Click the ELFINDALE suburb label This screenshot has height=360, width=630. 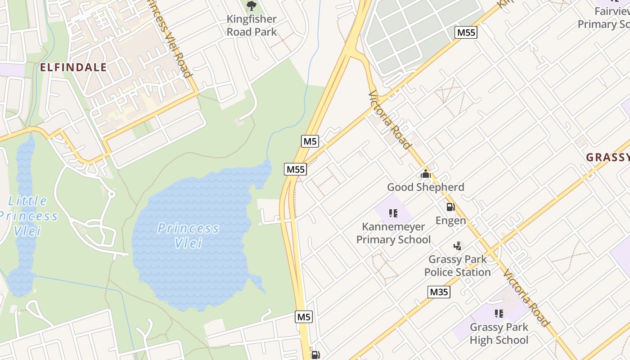point(73,67)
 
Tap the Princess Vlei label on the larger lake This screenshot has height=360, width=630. point(189,235)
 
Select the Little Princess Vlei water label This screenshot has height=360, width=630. point(28,216)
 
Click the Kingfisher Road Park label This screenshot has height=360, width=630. point(252,26)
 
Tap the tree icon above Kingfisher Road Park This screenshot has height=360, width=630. point(252,6)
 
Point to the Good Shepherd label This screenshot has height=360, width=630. point(425,187)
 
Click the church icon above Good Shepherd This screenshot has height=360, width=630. point(425,173)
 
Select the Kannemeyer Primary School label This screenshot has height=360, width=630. point(393,233)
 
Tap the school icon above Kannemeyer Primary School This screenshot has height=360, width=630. point(393,213)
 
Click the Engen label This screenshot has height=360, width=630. point(450,220)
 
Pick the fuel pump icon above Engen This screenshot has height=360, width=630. point(450,207)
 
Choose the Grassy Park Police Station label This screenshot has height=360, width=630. point(457,265)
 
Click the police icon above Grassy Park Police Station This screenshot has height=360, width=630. point(458,246)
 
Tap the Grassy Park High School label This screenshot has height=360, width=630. point(499,333)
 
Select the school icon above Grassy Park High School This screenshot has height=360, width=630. point(499,313)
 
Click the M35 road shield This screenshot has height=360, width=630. point(439,292)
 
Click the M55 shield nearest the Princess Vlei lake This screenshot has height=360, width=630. point(296,169)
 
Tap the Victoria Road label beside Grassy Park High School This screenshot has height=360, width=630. point(526,297)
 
